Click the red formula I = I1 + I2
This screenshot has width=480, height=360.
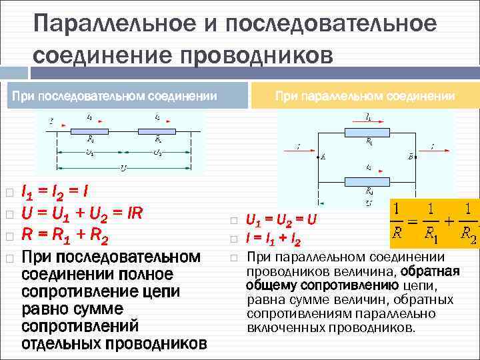coord(273,239)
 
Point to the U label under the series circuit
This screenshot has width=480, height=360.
coord(122,167)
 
